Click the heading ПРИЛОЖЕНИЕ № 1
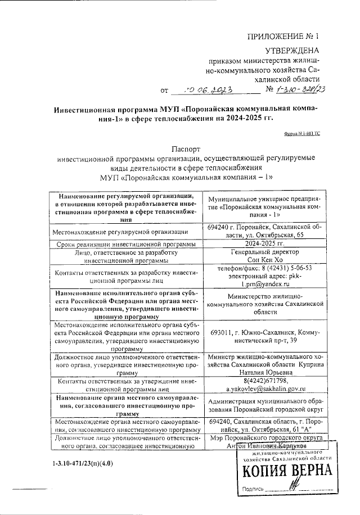click(x=283, y=37)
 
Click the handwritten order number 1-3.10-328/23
click(x=304, y=89)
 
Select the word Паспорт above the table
click(x=188, y=150)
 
